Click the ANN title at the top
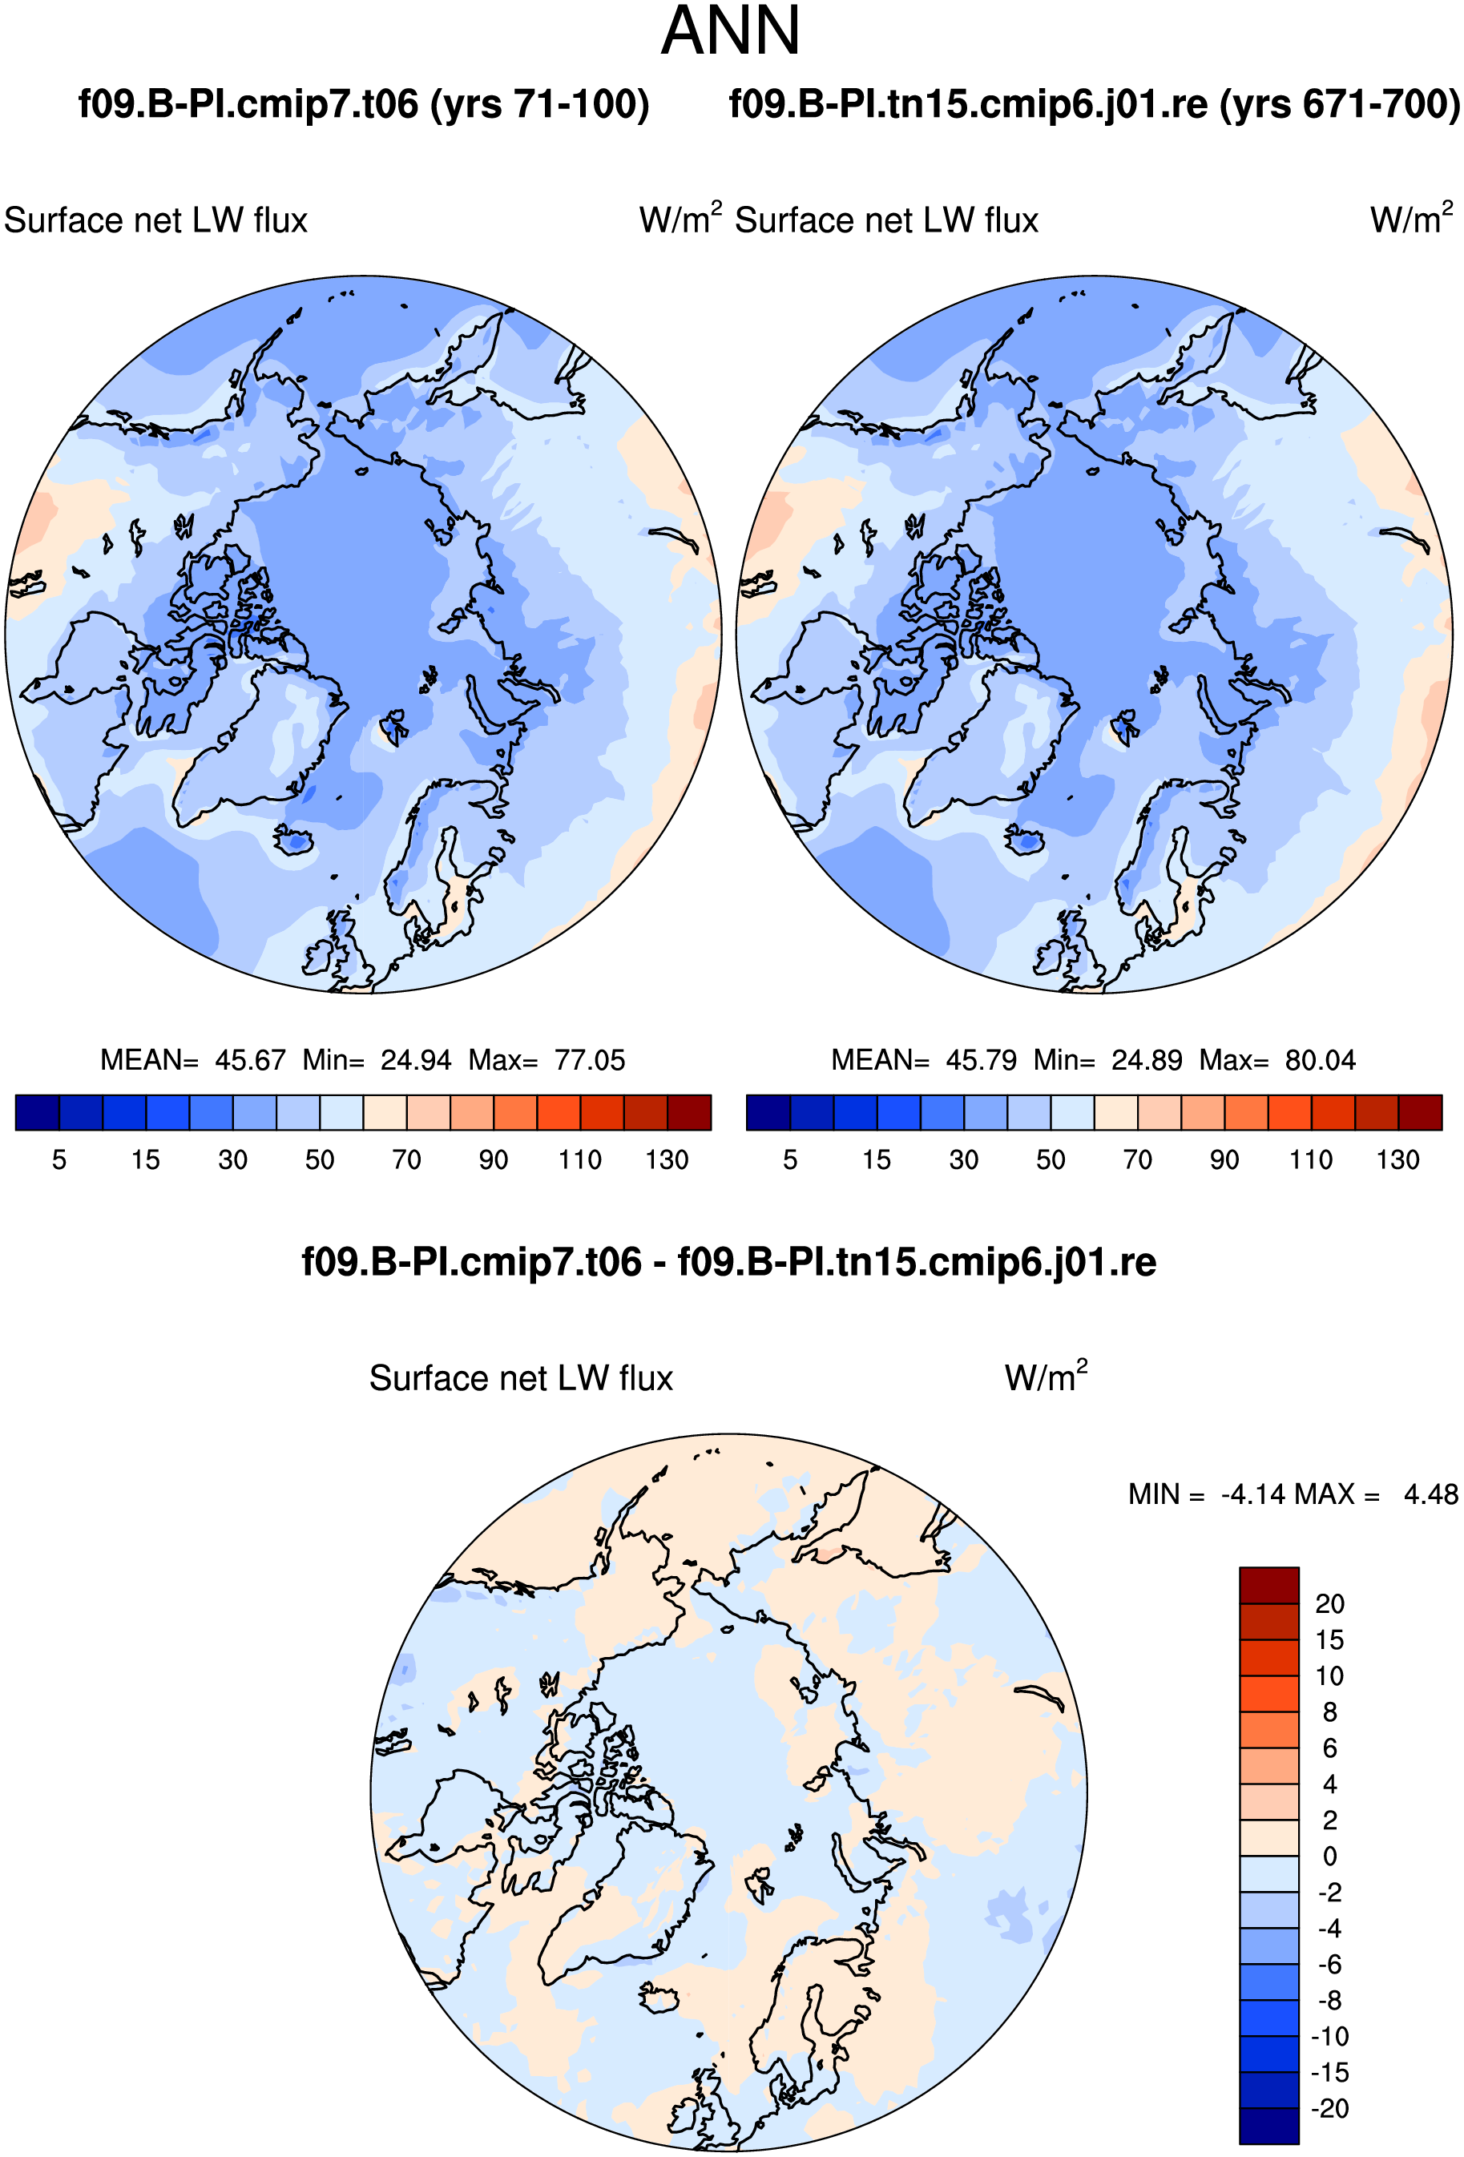coord(731,30)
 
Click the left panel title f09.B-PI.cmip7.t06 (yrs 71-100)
coord(363,104)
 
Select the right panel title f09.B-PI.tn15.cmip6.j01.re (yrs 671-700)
coord(1095,104)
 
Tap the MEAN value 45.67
coord(251,1060)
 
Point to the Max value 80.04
coord(1320,1060)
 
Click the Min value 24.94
coord(416,1060)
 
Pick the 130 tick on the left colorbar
coord(667,1159)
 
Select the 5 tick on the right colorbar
coord(790,1159)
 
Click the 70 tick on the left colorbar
coord(406,1159)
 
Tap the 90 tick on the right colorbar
coord(1224,1159)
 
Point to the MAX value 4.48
coord(1430,1494)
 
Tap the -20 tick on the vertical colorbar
coord(1329,2109)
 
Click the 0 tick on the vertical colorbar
coord(1329,1857)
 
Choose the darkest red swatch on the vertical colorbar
coord(1269,1585)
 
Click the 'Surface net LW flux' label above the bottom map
coord(521,1378)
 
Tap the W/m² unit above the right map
coord(1411,219)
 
